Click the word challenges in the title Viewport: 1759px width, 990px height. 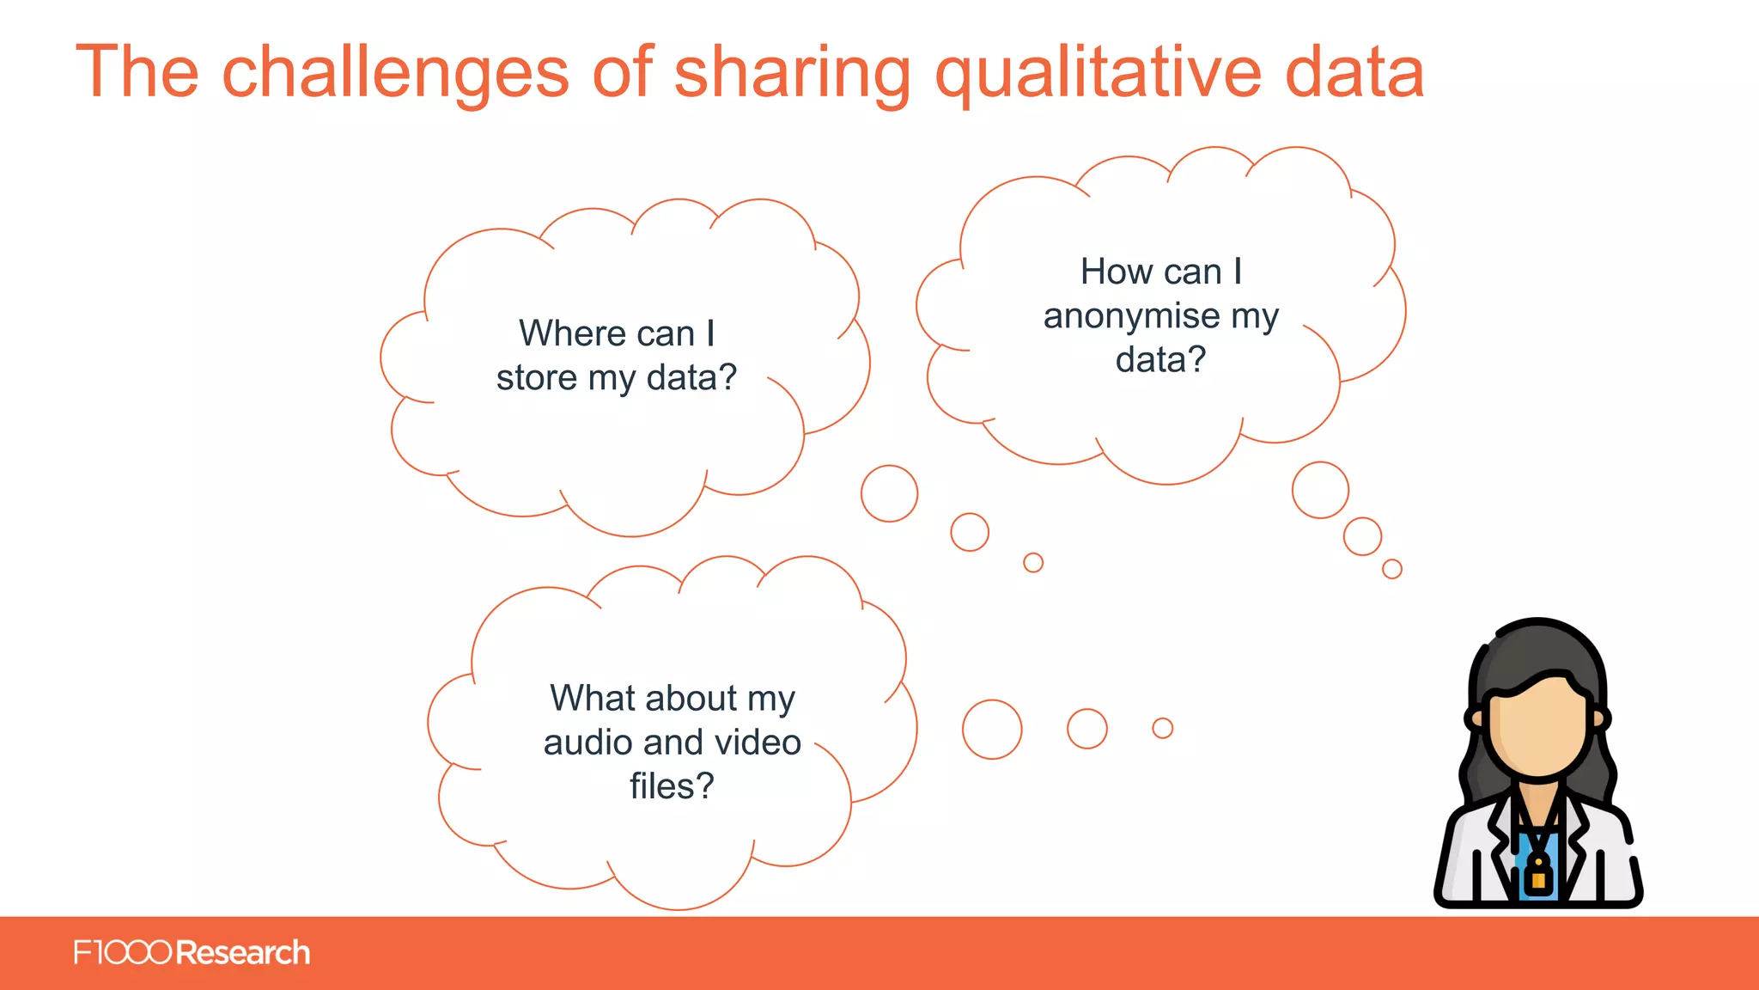click(395, 72)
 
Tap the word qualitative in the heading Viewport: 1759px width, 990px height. click(1099, 72)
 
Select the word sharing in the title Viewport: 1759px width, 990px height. click(792, 72)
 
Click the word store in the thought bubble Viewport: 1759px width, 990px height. click(536, 377)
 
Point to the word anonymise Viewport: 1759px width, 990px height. click(1131, 316)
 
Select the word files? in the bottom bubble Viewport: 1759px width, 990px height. click(672, 785)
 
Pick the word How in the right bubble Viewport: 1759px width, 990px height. click(1108, 272)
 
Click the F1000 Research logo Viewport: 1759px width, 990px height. click(192, 952)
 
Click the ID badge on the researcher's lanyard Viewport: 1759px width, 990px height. click(1538, 878)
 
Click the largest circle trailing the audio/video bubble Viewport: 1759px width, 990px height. click(992, 729)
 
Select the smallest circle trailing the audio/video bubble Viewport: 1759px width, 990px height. click(1162, 728)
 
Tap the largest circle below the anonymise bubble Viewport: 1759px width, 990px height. click(1320, 490)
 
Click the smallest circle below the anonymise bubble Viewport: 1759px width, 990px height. click(1392, 569)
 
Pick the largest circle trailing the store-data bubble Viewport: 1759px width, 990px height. click(889, 493)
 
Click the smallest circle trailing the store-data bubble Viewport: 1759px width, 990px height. click(1033, 562)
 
